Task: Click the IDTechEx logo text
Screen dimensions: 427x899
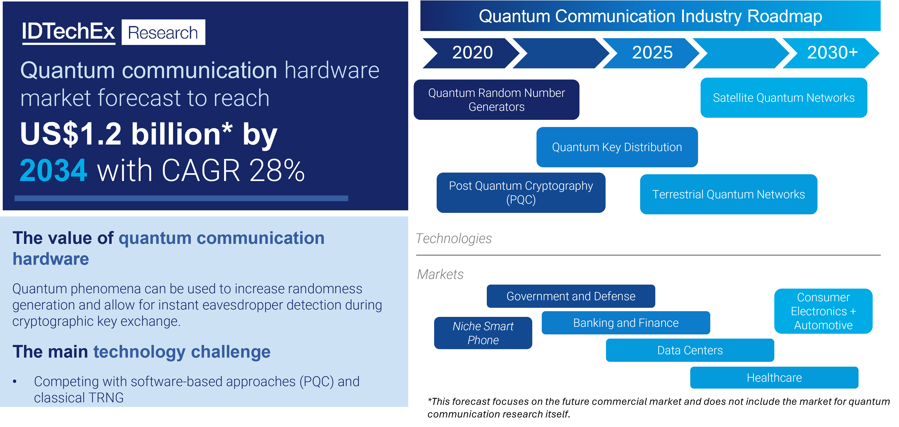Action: (x=68, y=32)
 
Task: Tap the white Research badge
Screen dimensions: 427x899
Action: (x=163, y=32)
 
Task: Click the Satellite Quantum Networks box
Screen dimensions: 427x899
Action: (x=784, y=98)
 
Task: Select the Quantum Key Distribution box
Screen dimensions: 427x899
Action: (x=617, y=147)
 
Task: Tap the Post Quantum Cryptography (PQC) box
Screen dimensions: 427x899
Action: (x=521, y=193)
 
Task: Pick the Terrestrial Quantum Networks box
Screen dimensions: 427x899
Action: (x=728, y=194)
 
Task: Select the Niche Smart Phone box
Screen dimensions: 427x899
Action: (x=483, y=333)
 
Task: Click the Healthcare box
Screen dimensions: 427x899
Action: (x=774, y=378)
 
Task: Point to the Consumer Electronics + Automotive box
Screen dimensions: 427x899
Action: (x=823, y=311)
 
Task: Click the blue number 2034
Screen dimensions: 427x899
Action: (x=53, y=170)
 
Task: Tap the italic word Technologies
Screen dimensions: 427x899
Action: (x=454, y=239)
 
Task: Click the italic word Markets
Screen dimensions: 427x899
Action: (x=440, y=274)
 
